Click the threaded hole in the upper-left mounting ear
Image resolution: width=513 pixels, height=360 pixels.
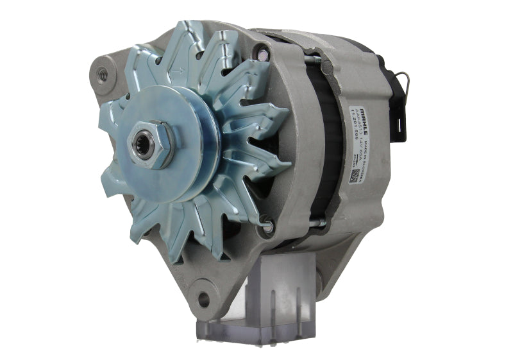(101, 74)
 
